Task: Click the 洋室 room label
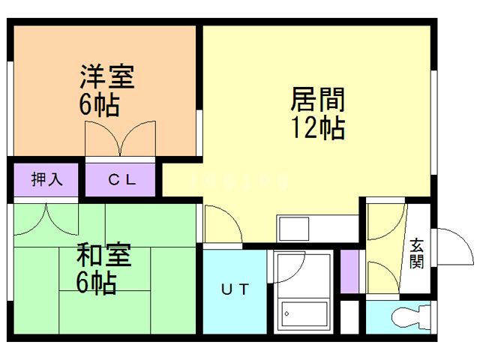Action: (x=107, y=77)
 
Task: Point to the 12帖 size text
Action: (x=318, y=128)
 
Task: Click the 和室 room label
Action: (x=104, y=256)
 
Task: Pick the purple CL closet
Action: (x=121, y=180)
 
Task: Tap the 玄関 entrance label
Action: (x=416, y=253)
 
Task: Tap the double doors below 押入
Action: (x=46, y=219)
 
